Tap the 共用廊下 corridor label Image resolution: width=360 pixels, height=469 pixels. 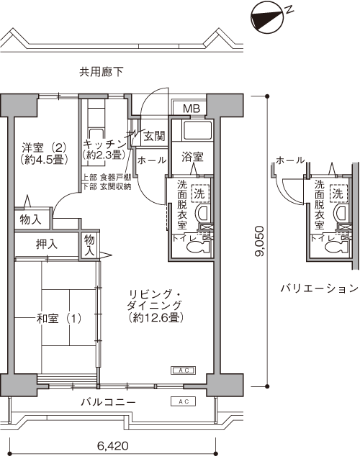pyautogui.click(x=102, y=72)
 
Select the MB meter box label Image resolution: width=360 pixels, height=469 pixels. pyautogui.click(x=192, y=109)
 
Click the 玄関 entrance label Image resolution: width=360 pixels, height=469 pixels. pyautogui.click(x=154, y=137)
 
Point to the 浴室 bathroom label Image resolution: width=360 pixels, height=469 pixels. pyautogui.click(x=192, y=157)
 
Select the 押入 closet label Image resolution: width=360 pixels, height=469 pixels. pyautogui.click(x=46, y=244)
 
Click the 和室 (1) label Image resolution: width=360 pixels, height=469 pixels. pyautogui.click(x=59, y=318)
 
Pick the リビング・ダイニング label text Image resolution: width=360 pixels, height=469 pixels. pyautogui.click(x=155, y=300)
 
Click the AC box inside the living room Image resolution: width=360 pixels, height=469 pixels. pyautogui.click(x=184, y=370)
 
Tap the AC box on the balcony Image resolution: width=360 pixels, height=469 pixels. pyautogui.click(x=184, y=401)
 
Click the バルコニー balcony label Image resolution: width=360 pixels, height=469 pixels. pyautogui.click(x=109, y=402)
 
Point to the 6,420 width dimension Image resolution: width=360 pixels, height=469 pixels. pyautogui.click(x=113, y=446)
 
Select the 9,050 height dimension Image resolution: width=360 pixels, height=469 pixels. pyautogui.click(x=259, y=241)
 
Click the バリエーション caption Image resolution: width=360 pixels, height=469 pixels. pyautogui.click(x=319, y=288)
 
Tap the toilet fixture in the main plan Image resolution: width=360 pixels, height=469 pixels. pyautogui.click(x=198, y=247)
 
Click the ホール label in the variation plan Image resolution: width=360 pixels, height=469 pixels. pyautogui.click(x=290, y=160)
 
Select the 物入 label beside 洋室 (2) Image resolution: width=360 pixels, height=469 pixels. pyautogui.click(x=30, y=220)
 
